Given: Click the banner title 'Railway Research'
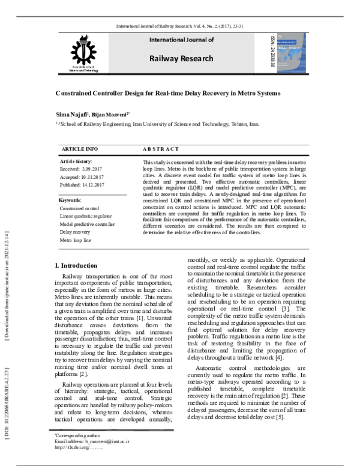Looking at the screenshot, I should (181, 59).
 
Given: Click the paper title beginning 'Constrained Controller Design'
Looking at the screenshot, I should (168, 94).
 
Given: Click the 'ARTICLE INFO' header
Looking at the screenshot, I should (79, 148).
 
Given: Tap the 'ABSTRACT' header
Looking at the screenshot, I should (161, 148).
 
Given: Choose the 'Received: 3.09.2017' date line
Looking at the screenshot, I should (82, 169).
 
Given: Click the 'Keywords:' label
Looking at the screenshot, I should (71, 199).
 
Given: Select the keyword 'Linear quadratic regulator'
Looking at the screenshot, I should (86, 216).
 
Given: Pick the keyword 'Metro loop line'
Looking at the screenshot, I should (76, 240).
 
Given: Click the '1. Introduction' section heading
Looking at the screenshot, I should (76, 265).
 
